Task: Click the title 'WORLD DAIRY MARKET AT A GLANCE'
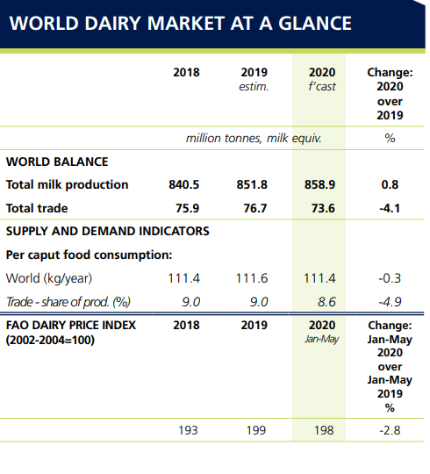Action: tap(181, 23)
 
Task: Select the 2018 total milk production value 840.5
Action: tap(184, 184)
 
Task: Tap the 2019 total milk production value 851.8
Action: tap(252, 184)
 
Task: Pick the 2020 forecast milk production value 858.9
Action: tap(319, 184)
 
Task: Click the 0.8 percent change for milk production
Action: tap(390, 184)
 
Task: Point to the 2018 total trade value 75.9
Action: tap(187, 208)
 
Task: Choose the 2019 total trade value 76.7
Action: tap(255, 208)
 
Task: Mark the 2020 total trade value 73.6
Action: tap(323, 208)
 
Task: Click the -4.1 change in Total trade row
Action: tap(390, 208)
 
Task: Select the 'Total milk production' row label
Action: tap(67, 184)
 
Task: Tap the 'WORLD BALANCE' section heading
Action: tap(57, 162)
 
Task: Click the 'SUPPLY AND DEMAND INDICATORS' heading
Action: tap(108, 231)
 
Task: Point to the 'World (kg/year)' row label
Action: tap(49, 278)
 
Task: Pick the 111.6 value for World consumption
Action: tap(252, 278)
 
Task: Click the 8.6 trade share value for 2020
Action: tap(326, 302)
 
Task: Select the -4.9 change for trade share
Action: tap(390, 302)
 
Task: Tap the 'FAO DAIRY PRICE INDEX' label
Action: tap(71, 325)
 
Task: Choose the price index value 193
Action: tap(188, 430)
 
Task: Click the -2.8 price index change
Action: tap(390, 430)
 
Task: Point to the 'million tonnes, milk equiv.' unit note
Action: tap(254, 138)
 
